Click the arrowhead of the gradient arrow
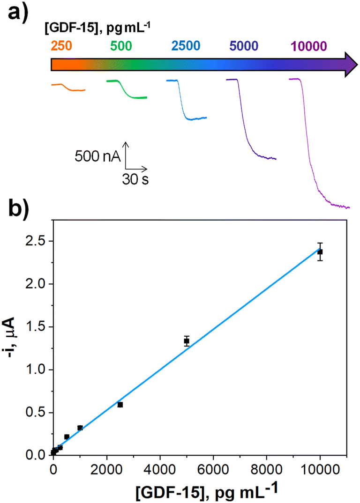click(x=346, y=63)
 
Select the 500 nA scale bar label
click(x=97, y=156)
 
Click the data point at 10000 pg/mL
click(x=320, y=252)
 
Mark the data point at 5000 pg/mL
click(x=187, y=341)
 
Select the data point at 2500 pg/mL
click(x=120, y=405)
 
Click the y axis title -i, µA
click(x=15, y=342)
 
